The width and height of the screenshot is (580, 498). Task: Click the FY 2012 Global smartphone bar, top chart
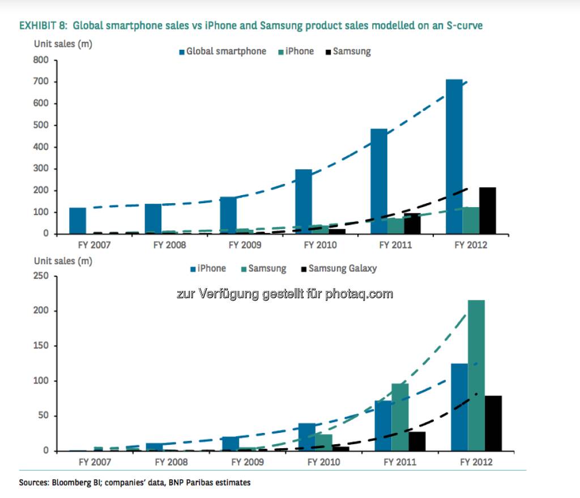(454, 156)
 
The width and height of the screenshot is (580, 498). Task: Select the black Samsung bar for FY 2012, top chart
(487, 211)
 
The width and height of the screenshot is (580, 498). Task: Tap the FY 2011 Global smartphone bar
(379, 181)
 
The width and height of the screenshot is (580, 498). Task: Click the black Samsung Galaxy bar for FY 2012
(493, 423)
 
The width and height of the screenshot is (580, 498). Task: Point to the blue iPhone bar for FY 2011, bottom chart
(383, 426)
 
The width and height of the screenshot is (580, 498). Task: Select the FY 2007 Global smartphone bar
(78, 221)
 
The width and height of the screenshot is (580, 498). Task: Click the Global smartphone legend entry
(223, 51)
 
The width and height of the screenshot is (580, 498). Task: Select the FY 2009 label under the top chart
(245, 245)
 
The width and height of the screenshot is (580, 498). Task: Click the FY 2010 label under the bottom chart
(323, 462)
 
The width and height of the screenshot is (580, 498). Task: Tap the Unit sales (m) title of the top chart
(63, 44)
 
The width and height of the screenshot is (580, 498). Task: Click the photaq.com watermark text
(359, 294)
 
